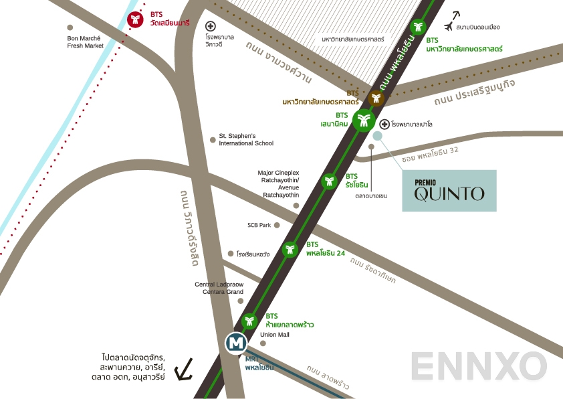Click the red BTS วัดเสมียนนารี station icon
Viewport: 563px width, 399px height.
(x=136, y=19)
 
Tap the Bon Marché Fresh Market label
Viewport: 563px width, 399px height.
(x=86, y=42)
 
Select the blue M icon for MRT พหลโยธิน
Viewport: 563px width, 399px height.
(x=236, y=343)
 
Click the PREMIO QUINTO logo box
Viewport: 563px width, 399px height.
(x=449, y=191)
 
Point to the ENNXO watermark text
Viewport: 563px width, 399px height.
(x=478, y=367)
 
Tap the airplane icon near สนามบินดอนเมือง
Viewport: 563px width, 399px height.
(x=457, y=17)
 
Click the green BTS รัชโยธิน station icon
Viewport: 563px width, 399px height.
(x=329, y=181)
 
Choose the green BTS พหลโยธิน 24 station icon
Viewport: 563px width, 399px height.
(x=290, y=249)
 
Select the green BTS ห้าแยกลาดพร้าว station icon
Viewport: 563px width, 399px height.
(x=249, y=321)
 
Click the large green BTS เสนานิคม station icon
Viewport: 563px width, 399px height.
(x=364, y=121)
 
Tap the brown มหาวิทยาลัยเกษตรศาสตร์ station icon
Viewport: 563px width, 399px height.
(x=377, y=98)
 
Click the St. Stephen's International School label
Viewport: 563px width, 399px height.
(x=245, y=139)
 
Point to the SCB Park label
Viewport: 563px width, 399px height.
(x=259, y=226)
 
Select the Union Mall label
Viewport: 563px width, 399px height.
(x=273, y=335)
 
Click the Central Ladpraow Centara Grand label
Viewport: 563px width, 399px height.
(x=219, y=289)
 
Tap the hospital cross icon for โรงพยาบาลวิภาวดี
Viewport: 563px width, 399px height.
(x=210, y=25)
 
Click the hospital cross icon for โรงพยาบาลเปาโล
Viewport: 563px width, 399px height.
(x=384, y=124)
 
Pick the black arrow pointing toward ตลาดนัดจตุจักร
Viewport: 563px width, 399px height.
(x=183, y=368)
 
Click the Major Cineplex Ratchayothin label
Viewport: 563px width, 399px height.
(x=278, y=183)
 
